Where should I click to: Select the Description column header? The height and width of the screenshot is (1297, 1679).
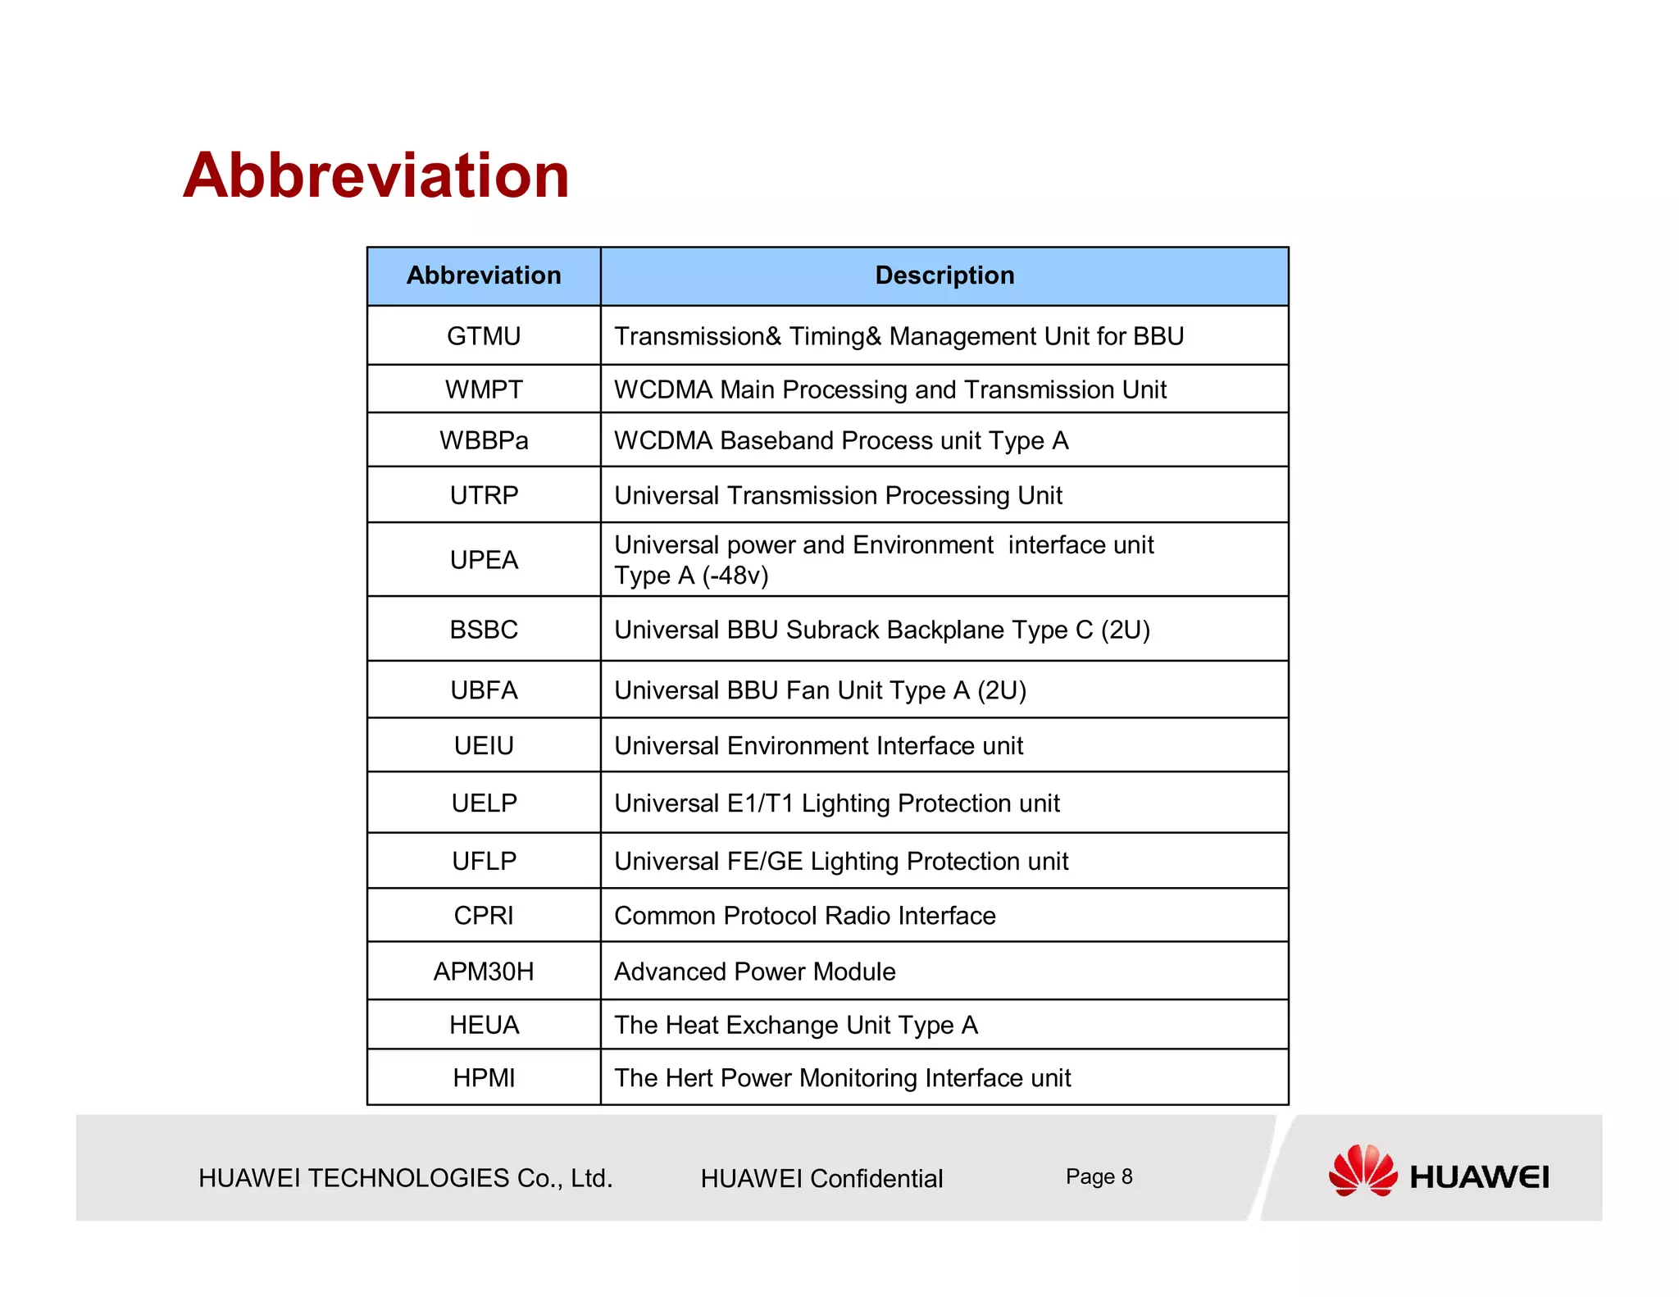tap(944, 275)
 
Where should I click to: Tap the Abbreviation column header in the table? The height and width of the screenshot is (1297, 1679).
tap(484, 275)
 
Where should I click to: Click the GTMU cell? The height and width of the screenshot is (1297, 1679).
tap(484, 336)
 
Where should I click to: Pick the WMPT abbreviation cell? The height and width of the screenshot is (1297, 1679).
tap(484, 389)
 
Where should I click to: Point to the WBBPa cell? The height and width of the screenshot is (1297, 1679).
tap(484, 440)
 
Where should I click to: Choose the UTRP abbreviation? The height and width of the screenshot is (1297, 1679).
tap(484, 495)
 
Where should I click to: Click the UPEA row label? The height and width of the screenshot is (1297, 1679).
tap(484, 560)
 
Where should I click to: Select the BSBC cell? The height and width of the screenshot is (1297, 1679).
tap(484, 630)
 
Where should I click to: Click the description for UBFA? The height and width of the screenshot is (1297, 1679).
tap(820, 690)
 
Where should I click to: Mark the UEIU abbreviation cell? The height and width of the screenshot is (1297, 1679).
tap(484, 745)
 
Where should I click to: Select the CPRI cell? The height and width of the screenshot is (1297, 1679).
tap(484, 916)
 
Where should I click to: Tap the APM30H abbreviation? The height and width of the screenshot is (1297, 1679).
tap(484, 972)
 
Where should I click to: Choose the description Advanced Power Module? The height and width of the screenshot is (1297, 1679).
tap(754, 972)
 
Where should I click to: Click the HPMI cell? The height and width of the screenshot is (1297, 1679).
tap(484, 1078)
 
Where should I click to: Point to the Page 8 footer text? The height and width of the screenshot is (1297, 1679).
tap(1099, 1176)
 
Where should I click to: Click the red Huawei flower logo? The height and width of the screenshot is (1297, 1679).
tap(1363, 1171)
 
